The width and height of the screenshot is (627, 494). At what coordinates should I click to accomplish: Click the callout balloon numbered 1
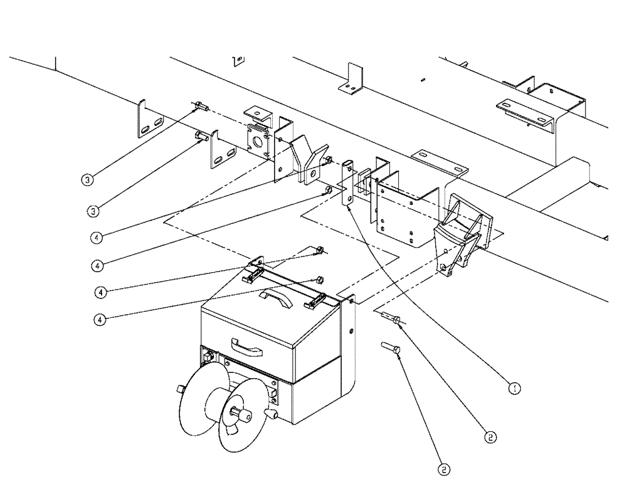coord(514,388)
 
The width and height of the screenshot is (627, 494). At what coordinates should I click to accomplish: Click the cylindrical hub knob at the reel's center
coord(241,413)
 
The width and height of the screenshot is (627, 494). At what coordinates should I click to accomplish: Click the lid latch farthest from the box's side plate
coord(253,274)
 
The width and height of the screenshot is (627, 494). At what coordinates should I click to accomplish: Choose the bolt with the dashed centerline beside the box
coord(391,318)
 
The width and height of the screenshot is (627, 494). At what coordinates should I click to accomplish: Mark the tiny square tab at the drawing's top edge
coord(238,61)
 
